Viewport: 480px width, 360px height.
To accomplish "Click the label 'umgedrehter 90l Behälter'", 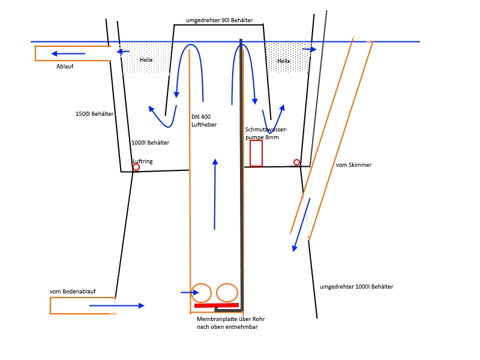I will coord(219,20).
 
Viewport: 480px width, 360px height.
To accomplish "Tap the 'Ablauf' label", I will coord(65,67).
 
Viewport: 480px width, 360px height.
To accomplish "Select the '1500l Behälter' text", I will coord(94,114).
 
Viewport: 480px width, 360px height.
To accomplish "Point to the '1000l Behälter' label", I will coord(150,143).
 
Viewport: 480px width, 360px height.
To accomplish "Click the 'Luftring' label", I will coord(142,161).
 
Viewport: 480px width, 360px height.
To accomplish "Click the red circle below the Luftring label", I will coord(136,167).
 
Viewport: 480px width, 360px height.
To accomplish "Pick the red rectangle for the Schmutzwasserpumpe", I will coord(256,153).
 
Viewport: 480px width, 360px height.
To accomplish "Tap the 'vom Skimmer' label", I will coord(350,164).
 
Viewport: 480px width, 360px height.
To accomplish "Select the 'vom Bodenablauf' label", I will coord(73,292).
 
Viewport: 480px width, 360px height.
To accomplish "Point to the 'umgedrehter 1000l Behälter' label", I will coord(357,287).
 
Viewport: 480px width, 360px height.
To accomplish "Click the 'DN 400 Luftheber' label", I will coord(204,121).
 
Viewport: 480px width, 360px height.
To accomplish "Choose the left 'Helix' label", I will coord(146,60).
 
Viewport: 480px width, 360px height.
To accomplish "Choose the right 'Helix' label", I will coord(284,61).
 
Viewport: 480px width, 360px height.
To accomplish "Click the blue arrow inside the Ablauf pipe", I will coord(68,53).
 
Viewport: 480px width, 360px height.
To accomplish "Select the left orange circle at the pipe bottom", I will coord(201,293).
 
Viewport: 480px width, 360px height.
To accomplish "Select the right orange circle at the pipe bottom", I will coord(227,293).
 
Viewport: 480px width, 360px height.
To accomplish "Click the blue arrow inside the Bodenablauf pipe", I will coord(117,305).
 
